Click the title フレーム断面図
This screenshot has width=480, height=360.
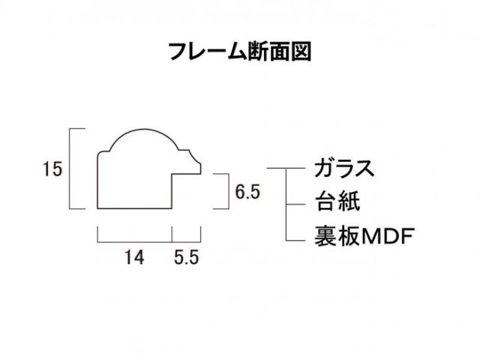[240, 52]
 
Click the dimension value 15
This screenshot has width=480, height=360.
[52, 169]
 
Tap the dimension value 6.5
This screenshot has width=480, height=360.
[247, 192]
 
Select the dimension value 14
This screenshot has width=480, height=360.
[134, 257]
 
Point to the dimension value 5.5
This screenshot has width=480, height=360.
[187, 257]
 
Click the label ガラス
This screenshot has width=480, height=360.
[344, 168]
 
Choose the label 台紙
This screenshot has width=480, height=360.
[337, 202]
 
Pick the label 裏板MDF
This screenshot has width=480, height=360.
[364, 236]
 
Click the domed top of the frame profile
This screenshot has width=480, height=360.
[144, 129]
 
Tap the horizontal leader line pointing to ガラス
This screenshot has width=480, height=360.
[286, 168]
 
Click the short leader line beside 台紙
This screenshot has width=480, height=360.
[295, 204]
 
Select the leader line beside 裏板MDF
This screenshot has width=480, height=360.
[295, 240]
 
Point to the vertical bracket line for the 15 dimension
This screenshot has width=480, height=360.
[70, 169]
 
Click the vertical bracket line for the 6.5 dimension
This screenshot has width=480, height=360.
[229, 191]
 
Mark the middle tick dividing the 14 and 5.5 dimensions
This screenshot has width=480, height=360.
[172, 235]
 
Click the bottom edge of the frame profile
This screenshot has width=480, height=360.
[134, 208]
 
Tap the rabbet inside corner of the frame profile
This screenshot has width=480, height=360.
[172, 174]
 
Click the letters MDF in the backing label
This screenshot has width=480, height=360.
[388, 236]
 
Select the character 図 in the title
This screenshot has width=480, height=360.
[301, 52]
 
